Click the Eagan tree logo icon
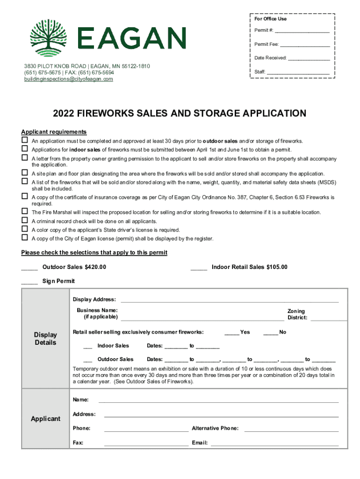48,37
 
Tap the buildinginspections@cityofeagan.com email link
69,79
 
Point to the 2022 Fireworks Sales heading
180,114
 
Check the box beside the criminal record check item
24,221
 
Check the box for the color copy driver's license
24,229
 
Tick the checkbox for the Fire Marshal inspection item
24,212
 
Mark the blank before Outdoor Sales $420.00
29,268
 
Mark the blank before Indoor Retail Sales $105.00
199,268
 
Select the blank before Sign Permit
29,282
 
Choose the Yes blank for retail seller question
231,334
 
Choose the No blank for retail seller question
271,334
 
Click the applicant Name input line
218,401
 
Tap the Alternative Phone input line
291,429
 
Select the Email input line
274,444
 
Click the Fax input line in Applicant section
146,444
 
